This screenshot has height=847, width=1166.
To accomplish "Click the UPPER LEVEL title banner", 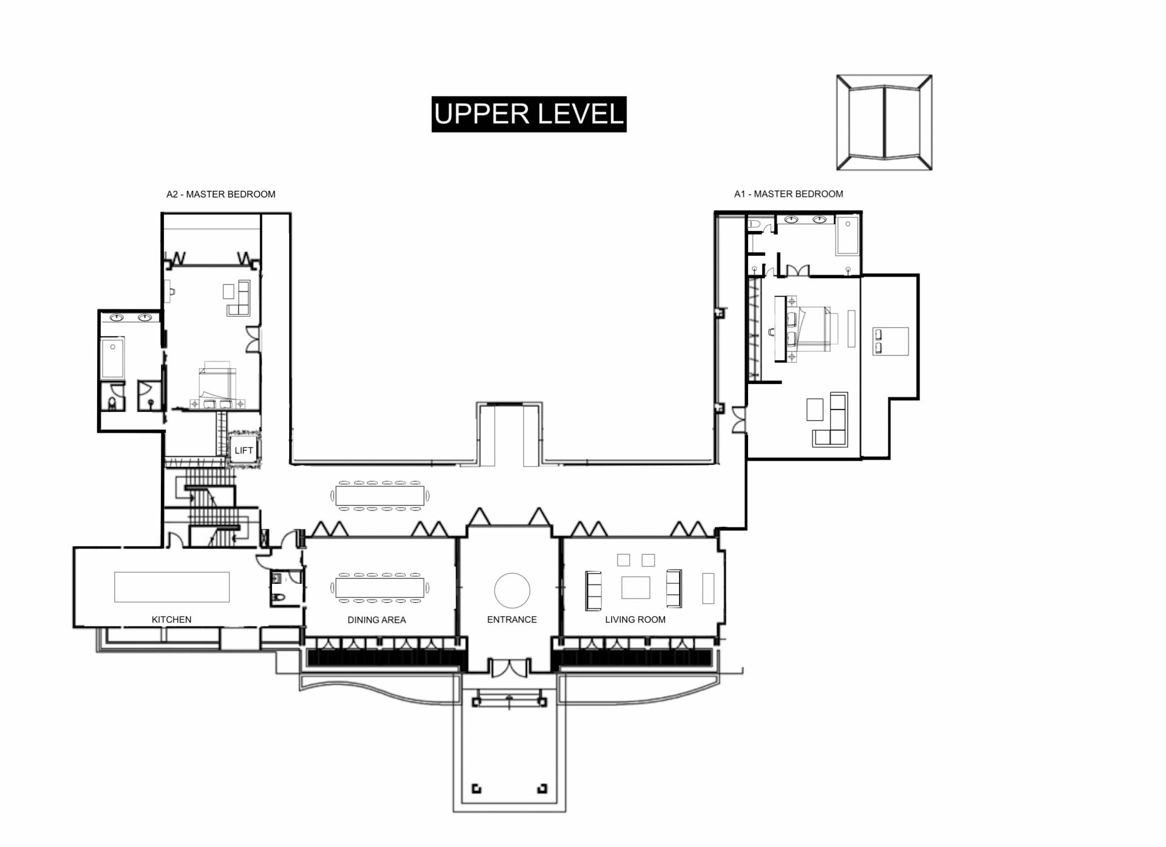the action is point(529,114).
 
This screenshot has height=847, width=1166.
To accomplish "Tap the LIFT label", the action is point(244,450).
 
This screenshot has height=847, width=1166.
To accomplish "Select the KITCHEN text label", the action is point(171,619).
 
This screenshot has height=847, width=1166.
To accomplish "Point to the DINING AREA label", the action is point(377,620).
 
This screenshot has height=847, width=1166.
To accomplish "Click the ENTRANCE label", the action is point(512,619).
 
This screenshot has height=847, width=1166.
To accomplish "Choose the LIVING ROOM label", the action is point(635,619).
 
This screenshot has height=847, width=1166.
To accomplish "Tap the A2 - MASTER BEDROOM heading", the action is point(221,194).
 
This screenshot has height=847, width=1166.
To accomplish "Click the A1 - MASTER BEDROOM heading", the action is point(789,194).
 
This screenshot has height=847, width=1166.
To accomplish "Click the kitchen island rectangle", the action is point(172,587).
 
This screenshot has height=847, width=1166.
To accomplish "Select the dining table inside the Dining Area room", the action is point(380,588).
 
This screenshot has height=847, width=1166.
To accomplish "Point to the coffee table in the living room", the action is point(636,588).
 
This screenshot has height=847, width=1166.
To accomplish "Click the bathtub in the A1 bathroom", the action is point(847,236).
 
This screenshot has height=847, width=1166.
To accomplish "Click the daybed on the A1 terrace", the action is point(890,341).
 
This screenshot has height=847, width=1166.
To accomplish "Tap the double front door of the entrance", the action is point(509,668).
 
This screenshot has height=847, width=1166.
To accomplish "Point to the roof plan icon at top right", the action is point(884,123).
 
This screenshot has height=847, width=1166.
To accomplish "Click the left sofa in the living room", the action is point(593,590).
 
